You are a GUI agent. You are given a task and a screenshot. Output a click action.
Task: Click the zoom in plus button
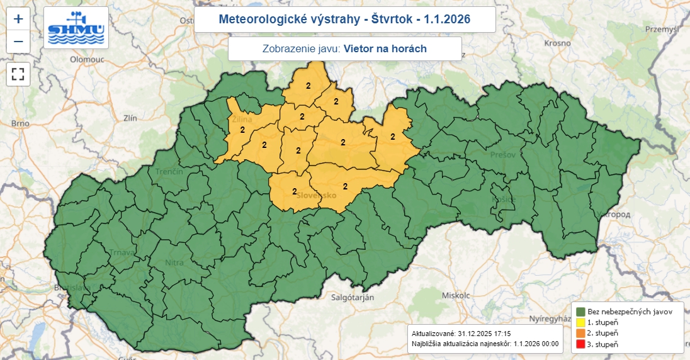click(18, 19)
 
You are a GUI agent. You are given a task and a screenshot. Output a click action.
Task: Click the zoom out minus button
click(18, 42)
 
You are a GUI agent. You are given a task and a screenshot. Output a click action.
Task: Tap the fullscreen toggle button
click(18, 74)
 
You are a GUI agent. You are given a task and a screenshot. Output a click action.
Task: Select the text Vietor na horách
click(385, 48)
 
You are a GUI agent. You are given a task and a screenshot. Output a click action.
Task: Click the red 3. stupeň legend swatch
click(580, 344)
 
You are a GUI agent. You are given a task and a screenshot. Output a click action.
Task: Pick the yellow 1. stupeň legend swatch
click(580, 322)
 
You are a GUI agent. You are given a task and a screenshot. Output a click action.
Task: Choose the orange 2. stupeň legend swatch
click(580, 333)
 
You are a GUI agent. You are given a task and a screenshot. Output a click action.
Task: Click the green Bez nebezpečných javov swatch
click(580, 311)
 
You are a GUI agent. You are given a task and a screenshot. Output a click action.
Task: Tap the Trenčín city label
click(169, 172)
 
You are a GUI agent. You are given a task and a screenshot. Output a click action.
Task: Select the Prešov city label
click(503, 154)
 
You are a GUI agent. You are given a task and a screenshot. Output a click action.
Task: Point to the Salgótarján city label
click(352, 297)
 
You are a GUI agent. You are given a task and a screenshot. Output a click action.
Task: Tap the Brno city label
click(20, 123)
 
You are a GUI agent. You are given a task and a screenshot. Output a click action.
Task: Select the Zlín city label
click(130, 118)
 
